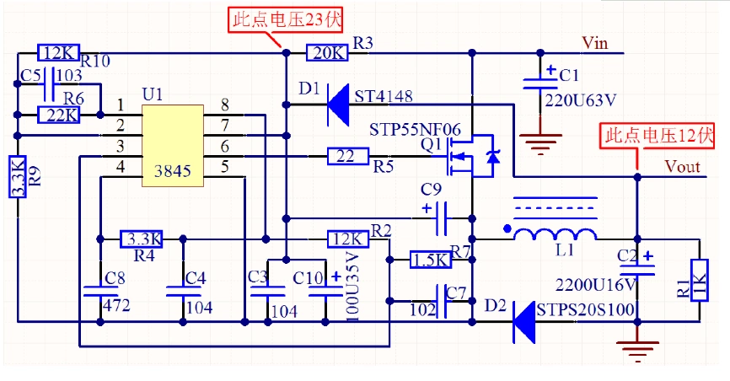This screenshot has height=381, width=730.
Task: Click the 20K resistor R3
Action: tap(326, 52)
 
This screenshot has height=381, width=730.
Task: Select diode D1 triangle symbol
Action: tap(338, 104)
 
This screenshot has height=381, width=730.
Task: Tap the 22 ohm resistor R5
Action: tap(347, 155)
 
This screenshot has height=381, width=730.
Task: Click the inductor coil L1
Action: tap(556, 233)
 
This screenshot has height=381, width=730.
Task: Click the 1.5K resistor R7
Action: tap(429, 260)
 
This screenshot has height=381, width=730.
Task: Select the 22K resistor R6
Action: tap(59, 114)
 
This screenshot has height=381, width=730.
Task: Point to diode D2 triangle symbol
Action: tap(525, 321)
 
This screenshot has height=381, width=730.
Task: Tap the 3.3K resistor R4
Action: tap(142, 239)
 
